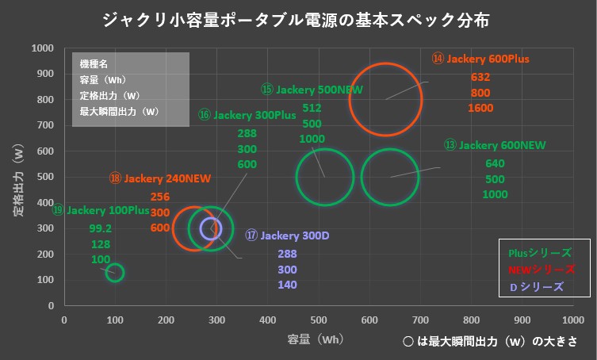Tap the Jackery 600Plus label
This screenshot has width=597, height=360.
(x=480, y=59)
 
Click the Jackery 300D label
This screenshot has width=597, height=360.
(x=281, y=236)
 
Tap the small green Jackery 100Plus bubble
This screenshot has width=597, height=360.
(x=115, y=273)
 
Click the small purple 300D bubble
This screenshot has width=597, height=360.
(x=211, y=229)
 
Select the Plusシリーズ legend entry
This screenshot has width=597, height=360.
(x=539, y=253)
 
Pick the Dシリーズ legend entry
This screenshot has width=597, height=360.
(x=536, y=286)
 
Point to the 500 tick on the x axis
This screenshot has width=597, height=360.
(x=319, y=320)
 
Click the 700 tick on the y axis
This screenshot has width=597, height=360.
(x=43, y=125)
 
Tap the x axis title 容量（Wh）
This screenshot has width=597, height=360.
(x=316, y=339)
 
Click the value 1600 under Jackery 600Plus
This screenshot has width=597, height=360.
(x=480, y=109)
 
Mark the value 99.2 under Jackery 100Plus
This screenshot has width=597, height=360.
(x=101, y=228)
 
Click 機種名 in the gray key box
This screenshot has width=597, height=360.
(x=94, y=64)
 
